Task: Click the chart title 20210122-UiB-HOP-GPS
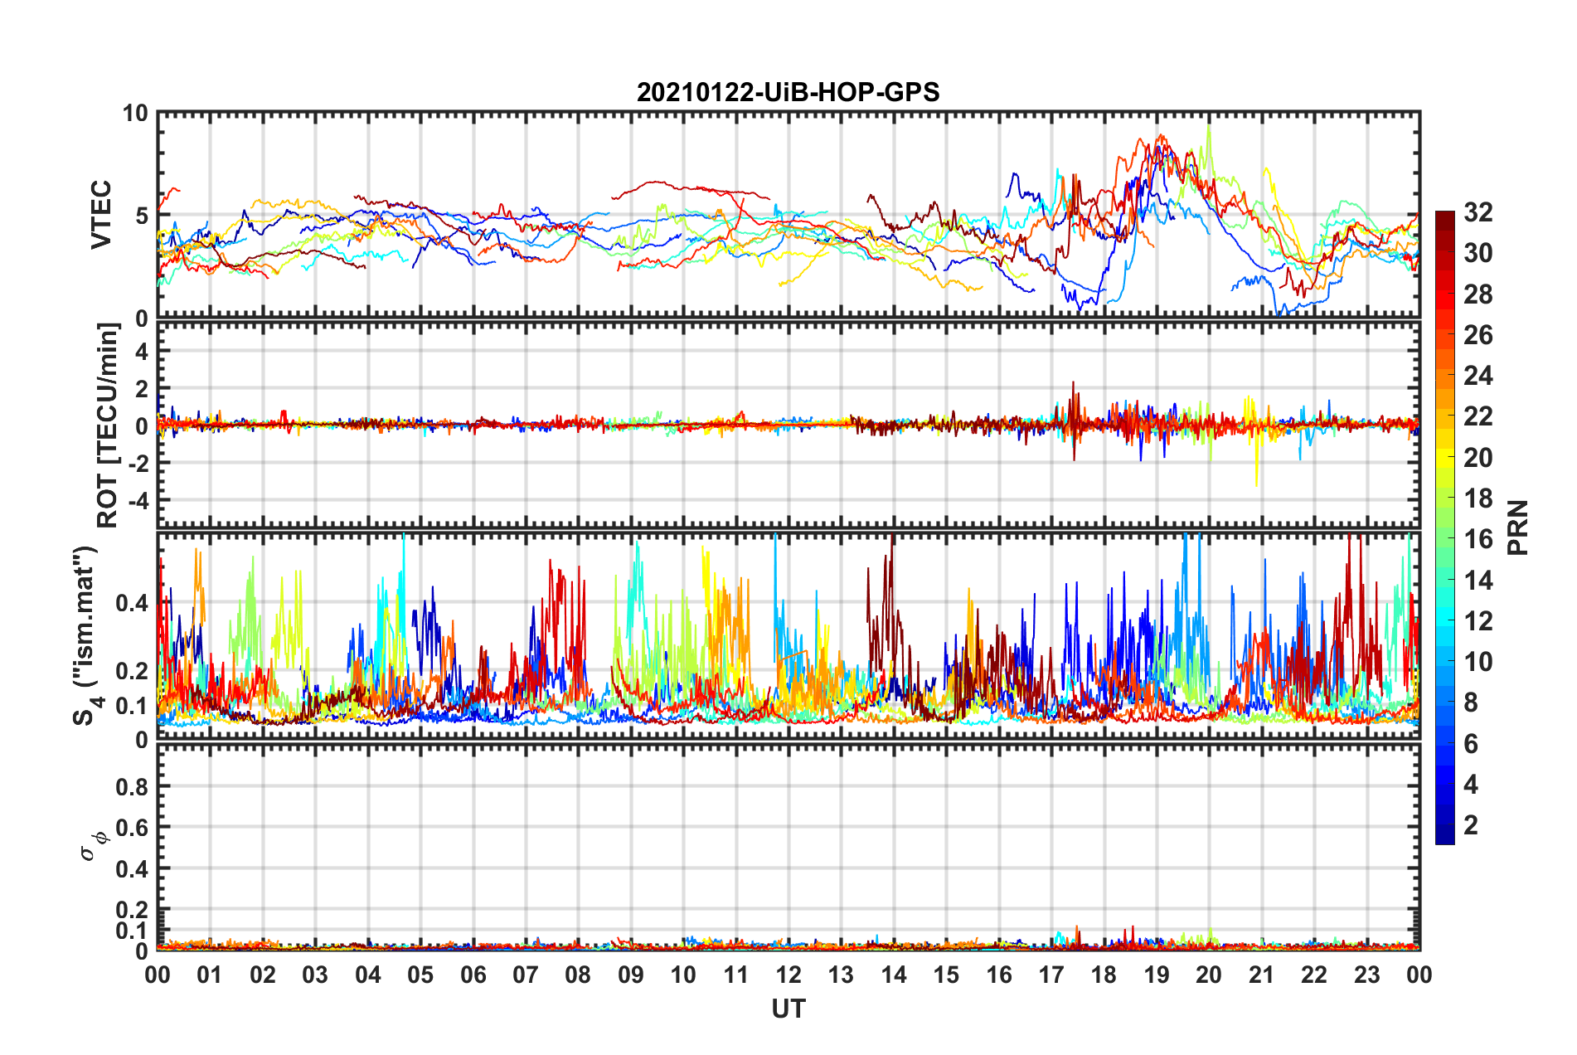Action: click(x=788, y=92)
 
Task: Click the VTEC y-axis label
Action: click(x=101, y=215)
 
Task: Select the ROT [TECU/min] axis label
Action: click(x=108, y=425)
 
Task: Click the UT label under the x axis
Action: click(x=788, y=1009)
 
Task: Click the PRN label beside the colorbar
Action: click(x=1517, y=527)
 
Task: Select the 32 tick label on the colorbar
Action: click(x=1478, y=212)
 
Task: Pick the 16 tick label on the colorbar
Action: click(x=1478, y=539)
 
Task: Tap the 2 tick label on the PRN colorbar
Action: click(x=1471, y=825)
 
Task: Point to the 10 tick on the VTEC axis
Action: click(x=135, y=114)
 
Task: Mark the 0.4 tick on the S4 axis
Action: click(x=133, y=603)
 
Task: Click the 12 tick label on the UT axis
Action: click(x=788, y=975)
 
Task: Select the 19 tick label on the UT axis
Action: click(x=1157, y=975)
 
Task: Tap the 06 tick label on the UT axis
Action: click(x=473, y=975)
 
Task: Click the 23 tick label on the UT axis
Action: click(x=1367, y=975)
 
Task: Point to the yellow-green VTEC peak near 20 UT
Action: click(x=1209, y=127)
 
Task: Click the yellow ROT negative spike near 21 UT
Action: click(x=1256, y=484)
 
